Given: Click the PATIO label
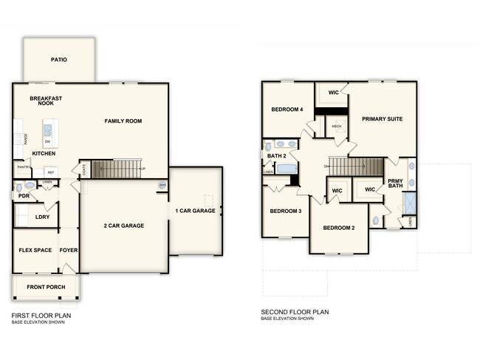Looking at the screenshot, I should (59, 59).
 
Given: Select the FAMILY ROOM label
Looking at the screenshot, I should (123, 120).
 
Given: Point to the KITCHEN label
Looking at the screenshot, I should (45, 154).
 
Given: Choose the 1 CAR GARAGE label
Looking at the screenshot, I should (195, 211).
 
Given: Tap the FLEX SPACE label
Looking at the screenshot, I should (35, 250).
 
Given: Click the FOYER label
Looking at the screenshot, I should (69, 250).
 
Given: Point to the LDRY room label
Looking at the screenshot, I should (42, 217).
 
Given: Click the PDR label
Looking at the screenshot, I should (24, 196).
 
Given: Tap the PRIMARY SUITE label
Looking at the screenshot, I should (382, 118).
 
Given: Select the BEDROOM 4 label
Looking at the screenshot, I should (287, 109).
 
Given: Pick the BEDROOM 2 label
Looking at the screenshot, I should (339, 228).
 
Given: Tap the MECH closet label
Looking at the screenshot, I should (337, 126).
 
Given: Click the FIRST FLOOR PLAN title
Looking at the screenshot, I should (41, 313).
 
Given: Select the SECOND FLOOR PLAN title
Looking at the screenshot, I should (295, 312).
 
